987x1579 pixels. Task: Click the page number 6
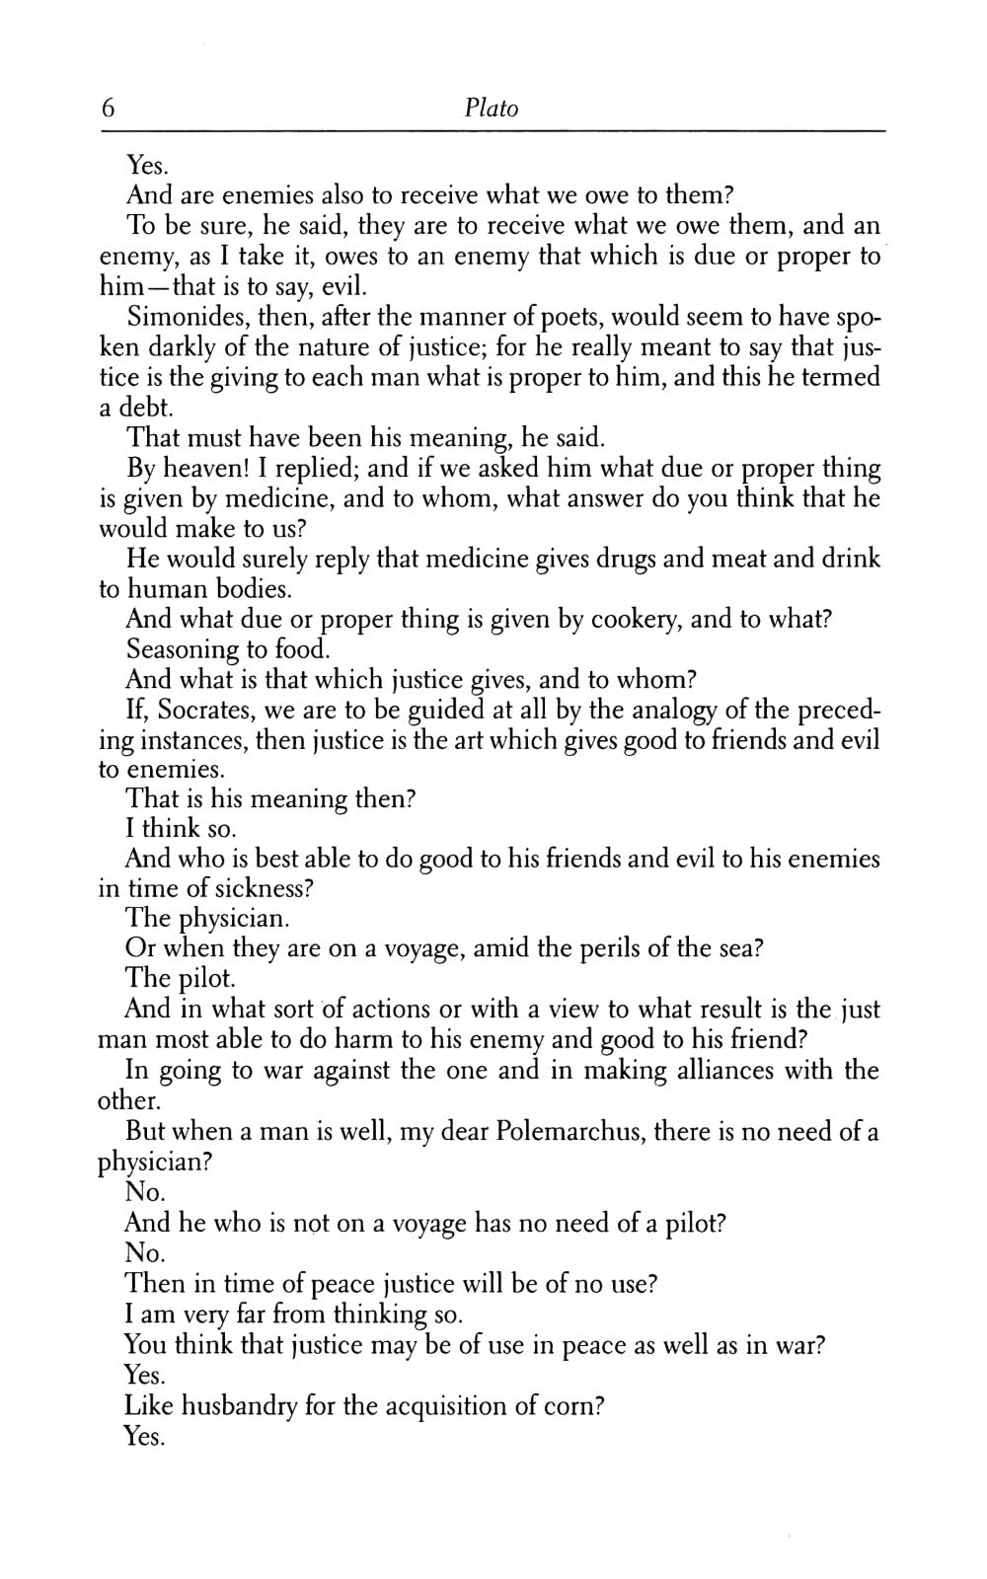coord(108,108)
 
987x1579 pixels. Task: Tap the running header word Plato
coord(491,108)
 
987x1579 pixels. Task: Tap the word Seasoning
coord(183,650)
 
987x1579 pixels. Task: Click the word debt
coord(143,408)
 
